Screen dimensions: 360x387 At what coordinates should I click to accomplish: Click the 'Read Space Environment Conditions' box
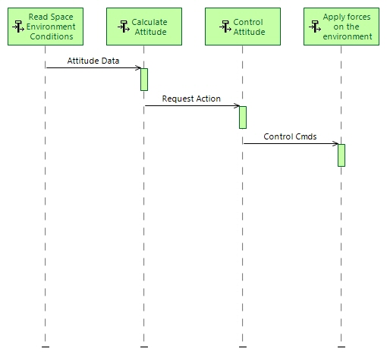coord(46,27)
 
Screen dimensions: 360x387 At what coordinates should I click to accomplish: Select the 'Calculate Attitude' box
coord(144,27)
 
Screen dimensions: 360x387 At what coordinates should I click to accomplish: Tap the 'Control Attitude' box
coord(243,27)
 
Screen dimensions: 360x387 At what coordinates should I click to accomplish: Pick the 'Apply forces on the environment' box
coord(341,27)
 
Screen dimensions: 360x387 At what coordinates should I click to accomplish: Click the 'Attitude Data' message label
coord(93,61)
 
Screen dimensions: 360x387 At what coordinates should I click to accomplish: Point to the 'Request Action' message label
coord(191,99)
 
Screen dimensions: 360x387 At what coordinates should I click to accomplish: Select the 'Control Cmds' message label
coord(290,136)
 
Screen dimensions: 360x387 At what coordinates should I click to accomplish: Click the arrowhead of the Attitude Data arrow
coord(139,68)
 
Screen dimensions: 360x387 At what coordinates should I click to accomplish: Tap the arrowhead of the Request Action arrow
coord(238,106)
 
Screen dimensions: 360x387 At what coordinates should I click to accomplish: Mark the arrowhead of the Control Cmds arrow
coord(336,143)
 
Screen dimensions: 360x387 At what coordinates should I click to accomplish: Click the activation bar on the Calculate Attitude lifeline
coord(144,80)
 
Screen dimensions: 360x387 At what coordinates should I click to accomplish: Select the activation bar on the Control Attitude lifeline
coord(243,117)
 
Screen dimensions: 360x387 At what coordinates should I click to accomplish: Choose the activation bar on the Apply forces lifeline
coord(341,155)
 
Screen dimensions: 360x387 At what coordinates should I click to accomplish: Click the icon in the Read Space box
coord(18,27)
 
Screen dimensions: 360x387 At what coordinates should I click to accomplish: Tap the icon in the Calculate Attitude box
coord(124,27)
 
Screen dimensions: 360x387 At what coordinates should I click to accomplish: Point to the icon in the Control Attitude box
coord(224,27)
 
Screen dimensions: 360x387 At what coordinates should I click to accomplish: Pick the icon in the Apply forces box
coord(316,27)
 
